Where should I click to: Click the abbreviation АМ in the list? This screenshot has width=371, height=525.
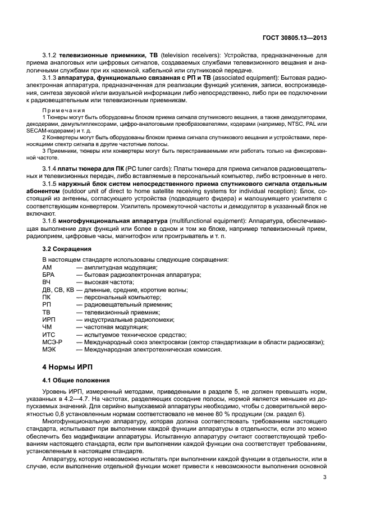pos(47,267)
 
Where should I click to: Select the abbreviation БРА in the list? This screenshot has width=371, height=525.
pos(49,275)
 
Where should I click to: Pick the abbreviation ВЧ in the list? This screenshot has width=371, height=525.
pos(47,282)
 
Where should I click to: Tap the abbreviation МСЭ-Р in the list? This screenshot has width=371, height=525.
pos(52,341)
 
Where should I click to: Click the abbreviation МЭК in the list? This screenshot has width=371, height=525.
pos(49,349)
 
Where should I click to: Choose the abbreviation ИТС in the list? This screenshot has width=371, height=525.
pos(49,334)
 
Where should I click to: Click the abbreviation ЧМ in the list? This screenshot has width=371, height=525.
pos(48,327)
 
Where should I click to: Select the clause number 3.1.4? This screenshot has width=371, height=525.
pos(51,168)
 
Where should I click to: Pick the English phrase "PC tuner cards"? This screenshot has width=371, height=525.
pos(147,168)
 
